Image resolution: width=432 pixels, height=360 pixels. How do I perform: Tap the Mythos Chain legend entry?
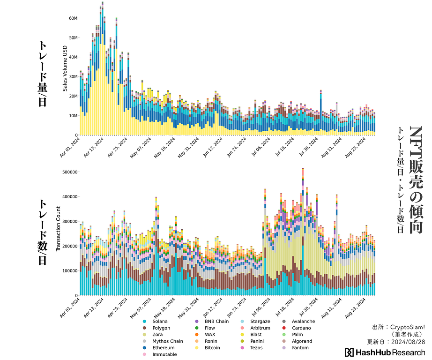(x=167, y=341)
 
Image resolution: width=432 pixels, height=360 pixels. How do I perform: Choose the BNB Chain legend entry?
(x=216, y=321)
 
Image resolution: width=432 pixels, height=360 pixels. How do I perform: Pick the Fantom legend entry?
(x=300, y=348)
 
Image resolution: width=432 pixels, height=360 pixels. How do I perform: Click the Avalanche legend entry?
(x=303, y=321)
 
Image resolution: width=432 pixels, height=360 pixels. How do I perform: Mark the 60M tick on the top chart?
(x=73, y=18)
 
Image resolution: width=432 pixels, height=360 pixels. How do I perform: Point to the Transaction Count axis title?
(x=59, y=228)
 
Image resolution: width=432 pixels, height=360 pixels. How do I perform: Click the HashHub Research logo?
(x=385, y=352)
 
